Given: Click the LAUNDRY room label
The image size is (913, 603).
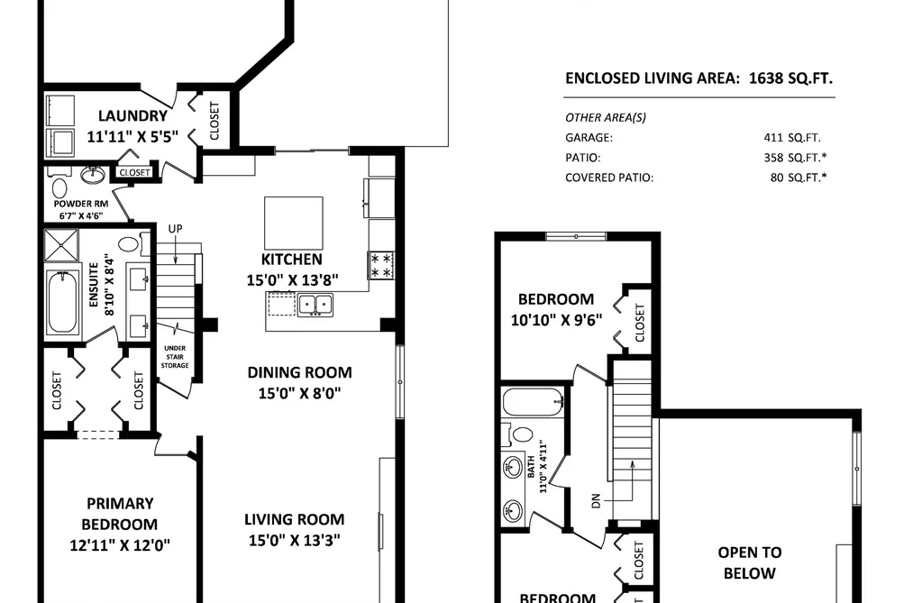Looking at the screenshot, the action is coord(132,116).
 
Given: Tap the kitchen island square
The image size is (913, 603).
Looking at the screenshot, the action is coord(294,223).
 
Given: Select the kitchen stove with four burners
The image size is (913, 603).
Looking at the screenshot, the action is coord(381,265).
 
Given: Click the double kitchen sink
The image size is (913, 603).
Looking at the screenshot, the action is coord(315,305).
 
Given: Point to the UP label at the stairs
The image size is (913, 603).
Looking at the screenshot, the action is coord(175,229).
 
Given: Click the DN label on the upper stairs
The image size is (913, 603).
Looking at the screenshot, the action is coord(595,500).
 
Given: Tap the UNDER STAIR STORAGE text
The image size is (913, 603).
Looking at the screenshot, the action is coord(175,356).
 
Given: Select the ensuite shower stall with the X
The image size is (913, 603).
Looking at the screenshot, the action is coord(61,244).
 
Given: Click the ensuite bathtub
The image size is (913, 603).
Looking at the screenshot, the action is coord(63,301).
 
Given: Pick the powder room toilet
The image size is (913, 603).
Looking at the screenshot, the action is coord(59,188).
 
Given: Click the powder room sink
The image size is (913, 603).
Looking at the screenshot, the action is coord(92,175).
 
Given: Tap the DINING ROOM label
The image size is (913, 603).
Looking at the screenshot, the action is coord(300,372).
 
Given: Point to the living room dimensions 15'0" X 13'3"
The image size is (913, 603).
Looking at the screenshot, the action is coord(295,540).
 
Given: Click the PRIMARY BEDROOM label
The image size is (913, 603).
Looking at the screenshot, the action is coord(120,514).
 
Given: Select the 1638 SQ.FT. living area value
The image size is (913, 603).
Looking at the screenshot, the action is coord(790,78).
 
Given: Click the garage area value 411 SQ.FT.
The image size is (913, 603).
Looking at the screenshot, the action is coord(792,138).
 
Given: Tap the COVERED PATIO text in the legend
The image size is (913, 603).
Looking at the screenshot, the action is coord(609,178).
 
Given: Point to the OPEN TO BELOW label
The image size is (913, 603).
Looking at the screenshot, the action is coord(749,562).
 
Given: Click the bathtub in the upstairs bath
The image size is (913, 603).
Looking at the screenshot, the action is coord(533,402).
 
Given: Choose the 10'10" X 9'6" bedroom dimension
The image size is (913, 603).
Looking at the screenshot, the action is coord(556,320).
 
